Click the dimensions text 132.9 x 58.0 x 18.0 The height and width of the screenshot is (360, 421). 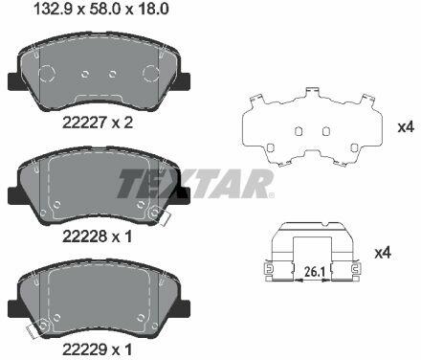pyautogui.click(x=101, y=10)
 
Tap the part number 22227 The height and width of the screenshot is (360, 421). pyautogui.click(x=84, y=123)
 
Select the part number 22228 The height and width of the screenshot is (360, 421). pyautogui.click(x=84, y=236)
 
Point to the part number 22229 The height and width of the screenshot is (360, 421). pyautogui.click(x=84, y=349)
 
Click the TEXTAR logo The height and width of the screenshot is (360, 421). pyautogui.click(x=195, y=184)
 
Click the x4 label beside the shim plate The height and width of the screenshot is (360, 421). pyautogui.click(x=406, y=127)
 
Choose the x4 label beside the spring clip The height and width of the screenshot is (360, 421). pyautogui.click(x=383, y=253)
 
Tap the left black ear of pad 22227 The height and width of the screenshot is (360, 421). pyautogui.click(x=14, y=80)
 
